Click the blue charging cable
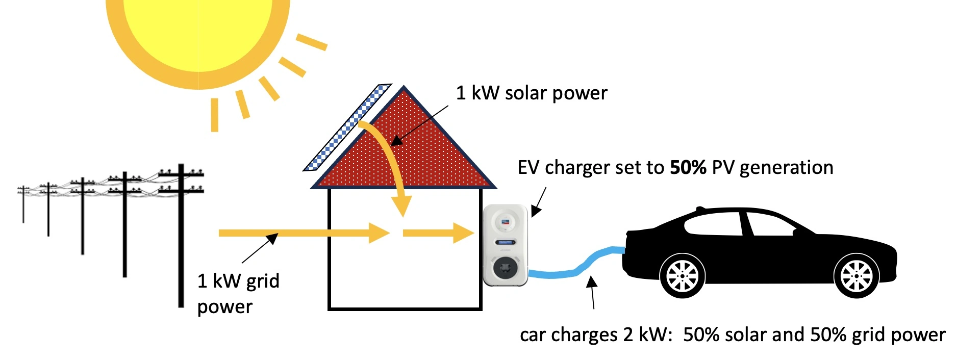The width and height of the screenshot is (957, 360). (576, 270)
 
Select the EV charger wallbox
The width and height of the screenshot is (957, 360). (505, 245)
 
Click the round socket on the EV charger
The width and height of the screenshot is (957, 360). (505, 268)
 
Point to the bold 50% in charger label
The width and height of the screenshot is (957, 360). (688, 168)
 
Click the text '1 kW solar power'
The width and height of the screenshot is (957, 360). (531, 93)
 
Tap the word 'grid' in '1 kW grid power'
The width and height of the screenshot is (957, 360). (263, 281)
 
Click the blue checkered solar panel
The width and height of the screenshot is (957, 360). (347, 127)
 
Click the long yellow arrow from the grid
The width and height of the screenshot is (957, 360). (301, 233)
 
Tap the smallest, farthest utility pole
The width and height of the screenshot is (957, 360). (23, 204)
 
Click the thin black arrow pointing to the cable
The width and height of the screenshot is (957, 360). (592, 293)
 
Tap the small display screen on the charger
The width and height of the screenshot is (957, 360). (505, 242)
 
